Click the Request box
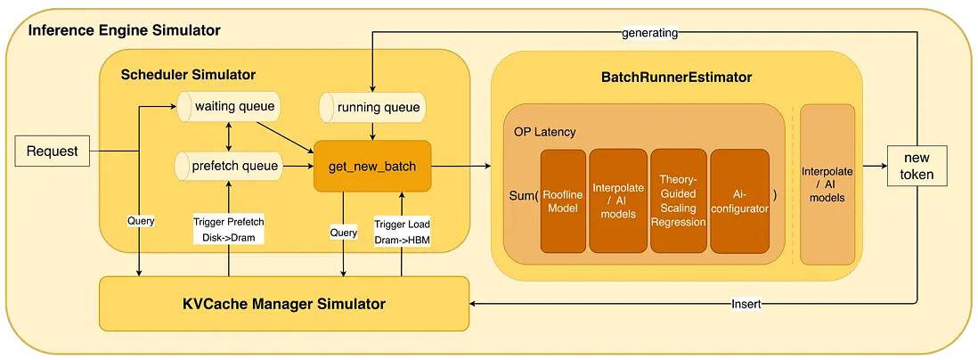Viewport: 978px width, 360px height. tap(53, 151)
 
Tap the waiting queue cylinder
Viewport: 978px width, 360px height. tap(228, 107)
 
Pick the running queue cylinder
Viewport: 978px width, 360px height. tap(371, 108)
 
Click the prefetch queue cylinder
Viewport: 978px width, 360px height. tap(228, 165)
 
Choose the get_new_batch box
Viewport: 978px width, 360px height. tap(372, 166)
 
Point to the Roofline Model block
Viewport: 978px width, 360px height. tap(562, 201)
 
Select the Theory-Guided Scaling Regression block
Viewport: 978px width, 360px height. tap(678, 201)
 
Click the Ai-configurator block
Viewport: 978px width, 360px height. tap(738, 201)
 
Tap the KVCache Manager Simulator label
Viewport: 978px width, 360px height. tap(284, 304)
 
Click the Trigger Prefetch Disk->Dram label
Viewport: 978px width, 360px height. tap(229, 230)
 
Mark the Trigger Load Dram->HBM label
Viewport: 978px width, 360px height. tap(403, 232)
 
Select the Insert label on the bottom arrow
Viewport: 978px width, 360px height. tap(746, 304)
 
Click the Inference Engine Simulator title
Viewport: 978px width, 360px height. tap(125, 31)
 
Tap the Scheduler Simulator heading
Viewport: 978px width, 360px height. tap(188, 74)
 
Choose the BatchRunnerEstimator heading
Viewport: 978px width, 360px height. tap(676, 78)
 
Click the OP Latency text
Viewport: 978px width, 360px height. tap(544, 132)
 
